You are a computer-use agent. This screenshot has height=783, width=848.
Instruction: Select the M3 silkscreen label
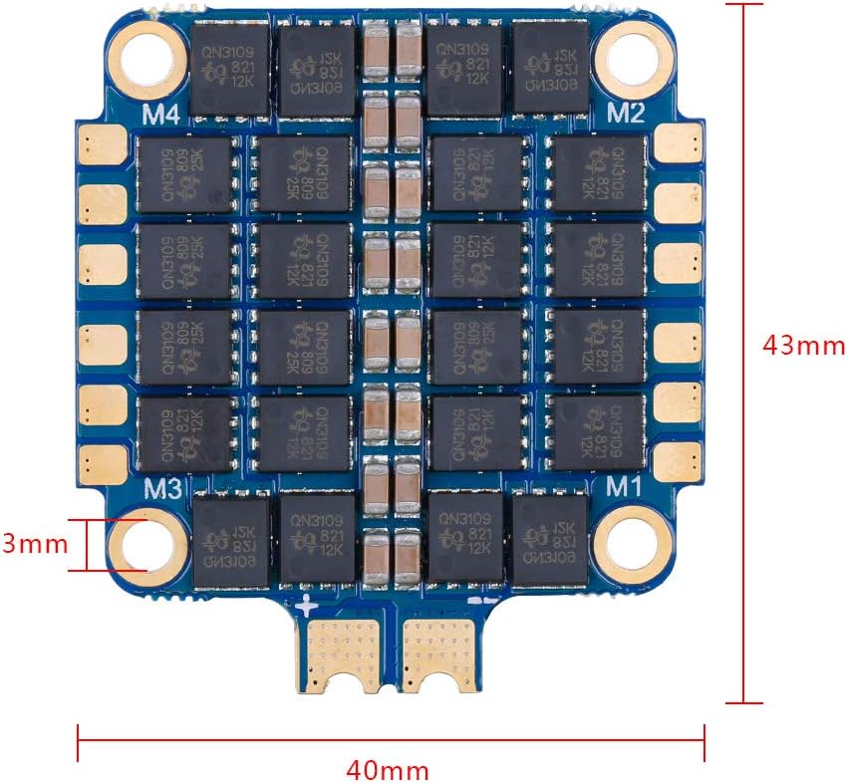161,488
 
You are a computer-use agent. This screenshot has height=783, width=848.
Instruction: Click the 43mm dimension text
803,345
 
